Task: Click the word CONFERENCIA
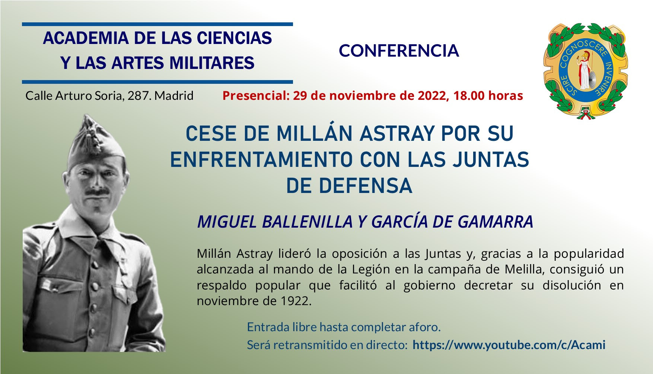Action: tap(399, 51)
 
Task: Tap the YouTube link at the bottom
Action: tap(509, 345)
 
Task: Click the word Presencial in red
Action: tap(255, 96)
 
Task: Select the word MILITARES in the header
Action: tap(212, 63)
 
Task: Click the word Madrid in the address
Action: tap(174, 96)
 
